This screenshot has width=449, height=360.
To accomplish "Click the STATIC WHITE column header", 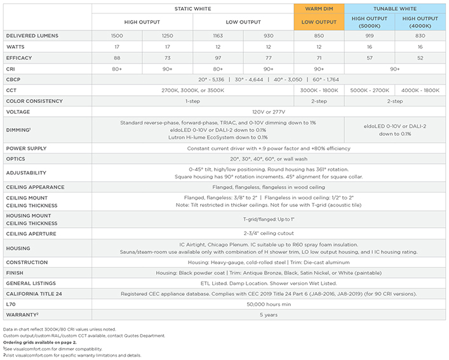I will pos(192,8).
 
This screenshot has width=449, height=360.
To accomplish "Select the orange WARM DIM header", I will pos(319,8).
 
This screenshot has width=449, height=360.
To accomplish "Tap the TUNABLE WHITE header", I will pos(395,8).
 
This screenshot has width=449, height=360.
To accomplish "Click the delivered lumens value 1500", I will pos(116,36).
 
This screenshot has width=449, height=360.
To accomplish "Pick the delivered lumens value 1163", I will pos(217,36).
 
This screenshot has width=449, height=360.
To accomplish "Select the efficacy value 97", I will pos(217,57).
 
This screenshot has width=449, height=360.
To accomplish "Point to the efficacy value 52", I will pos(420,57).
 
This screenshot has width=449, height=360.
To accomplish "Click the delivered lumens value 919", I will pos(369,36).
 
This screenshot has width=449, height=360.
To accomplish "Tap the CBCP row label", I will pos(14,79).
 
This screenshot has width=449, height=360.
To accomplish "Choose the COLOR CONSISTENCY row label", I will pos(34,101).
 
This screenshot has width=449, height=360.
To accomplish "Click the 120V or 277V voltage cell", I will pos(268,112).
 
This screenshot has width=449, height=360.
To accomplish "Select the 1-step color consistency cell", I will pos(192,101).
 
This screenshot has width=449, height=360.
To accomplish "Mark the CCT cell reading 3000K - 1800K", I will pos(318,90).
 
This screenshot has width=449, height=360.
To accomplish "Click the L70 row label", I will pos(10,304).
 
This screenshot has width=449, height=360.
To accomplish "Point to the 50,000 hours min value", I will pos(268,304).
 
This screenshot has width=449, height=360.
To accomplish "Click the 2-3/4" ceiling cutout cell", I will pos(268,234).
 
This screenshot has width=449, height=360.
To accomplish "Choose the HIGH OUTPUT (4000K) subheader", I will pos(420,22).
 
